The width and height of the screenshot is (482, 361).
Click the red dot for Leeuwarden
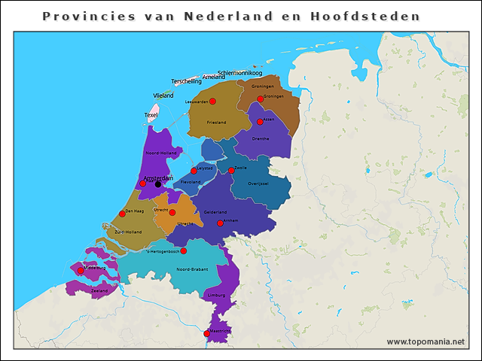(x=212, y=101)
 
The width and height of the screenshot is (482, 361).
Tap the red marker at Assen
(x=260, y=121)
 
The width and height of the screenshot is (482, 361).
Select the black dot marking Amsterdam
(x=158, y=184)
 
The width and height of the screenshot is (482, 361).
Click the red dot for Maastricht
(x=207, y=333)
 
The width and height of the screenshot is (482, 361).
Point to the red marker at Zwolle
(x=231, y=170)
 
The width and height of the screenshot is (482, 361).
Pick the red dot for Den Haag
(x=122, y=214)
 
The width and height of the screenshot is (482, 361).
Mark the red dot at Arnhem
(x=220, y=223)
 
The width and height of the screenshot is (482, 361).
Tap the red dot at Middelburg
(x=81, y=270)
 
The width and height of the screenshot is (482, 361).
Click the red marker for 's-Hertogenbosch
(x=183, y=250)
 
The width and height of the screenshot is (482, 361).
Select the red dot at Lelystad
(x=194, y=171)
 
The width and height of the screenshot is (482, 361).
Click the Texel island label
(x=151, y=115)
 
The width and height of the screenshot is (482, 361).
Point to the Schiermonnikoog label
(x=239, y=73)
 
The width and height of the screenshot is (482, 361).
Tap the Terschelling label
(x=186, y=81)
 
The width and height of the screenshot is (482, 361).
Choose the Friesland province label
(x=216, y=122)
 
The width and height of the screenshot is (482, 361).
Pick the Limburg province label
(x=215, y=296)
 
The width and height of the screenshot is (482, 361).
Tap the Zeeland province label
(x=99, y=290)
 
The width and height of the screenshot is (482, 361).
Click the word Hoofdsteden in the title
(x=365, y=16)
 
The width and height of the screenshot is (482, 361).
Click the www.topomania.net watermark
(x=426, y=341)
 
